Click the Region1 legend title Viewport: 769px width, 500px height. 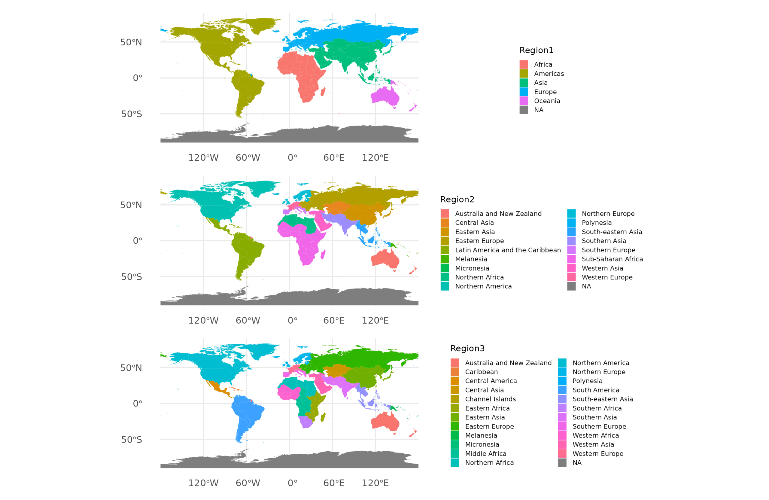(536, 50)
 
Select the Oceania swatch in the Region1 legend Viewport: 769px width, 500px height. (524, 101)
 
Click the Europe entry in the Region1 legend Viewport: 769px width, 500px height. (545, 92)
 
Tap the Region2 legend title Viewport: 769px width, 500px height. (457, 200)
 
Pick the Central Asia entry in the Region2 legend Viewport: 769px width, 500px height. (474, 223)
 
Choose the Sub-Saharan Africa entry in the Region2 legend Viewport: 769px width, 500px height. (612, 259)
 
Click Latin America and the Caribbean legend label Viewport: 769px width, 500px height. (508, 250)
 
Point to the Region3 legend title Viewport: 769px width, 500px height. (467, 349)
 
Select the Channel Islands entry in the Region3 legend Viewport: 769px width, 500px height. (490, 399)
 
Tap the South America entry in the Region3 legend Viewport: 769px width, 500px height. (595, 390)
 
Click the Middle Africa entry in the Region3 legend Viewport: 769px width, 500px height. (485, 453)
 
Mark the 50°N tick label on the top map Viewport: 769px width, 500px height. (131, 42)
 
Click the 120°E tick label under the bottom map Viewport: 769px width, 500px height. (375, 483)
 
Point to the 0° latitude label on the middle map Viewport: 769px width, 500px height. (137, 240)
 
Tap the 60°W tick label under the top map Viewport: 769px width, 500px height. (248, 158)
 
